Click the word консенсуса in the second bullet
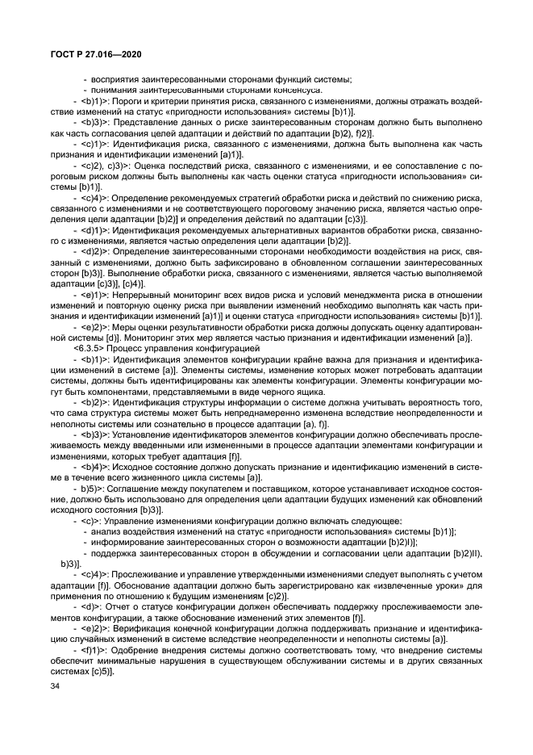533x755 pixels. point(279,90)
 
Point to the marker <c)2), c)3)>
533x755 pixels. point(99,166)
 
